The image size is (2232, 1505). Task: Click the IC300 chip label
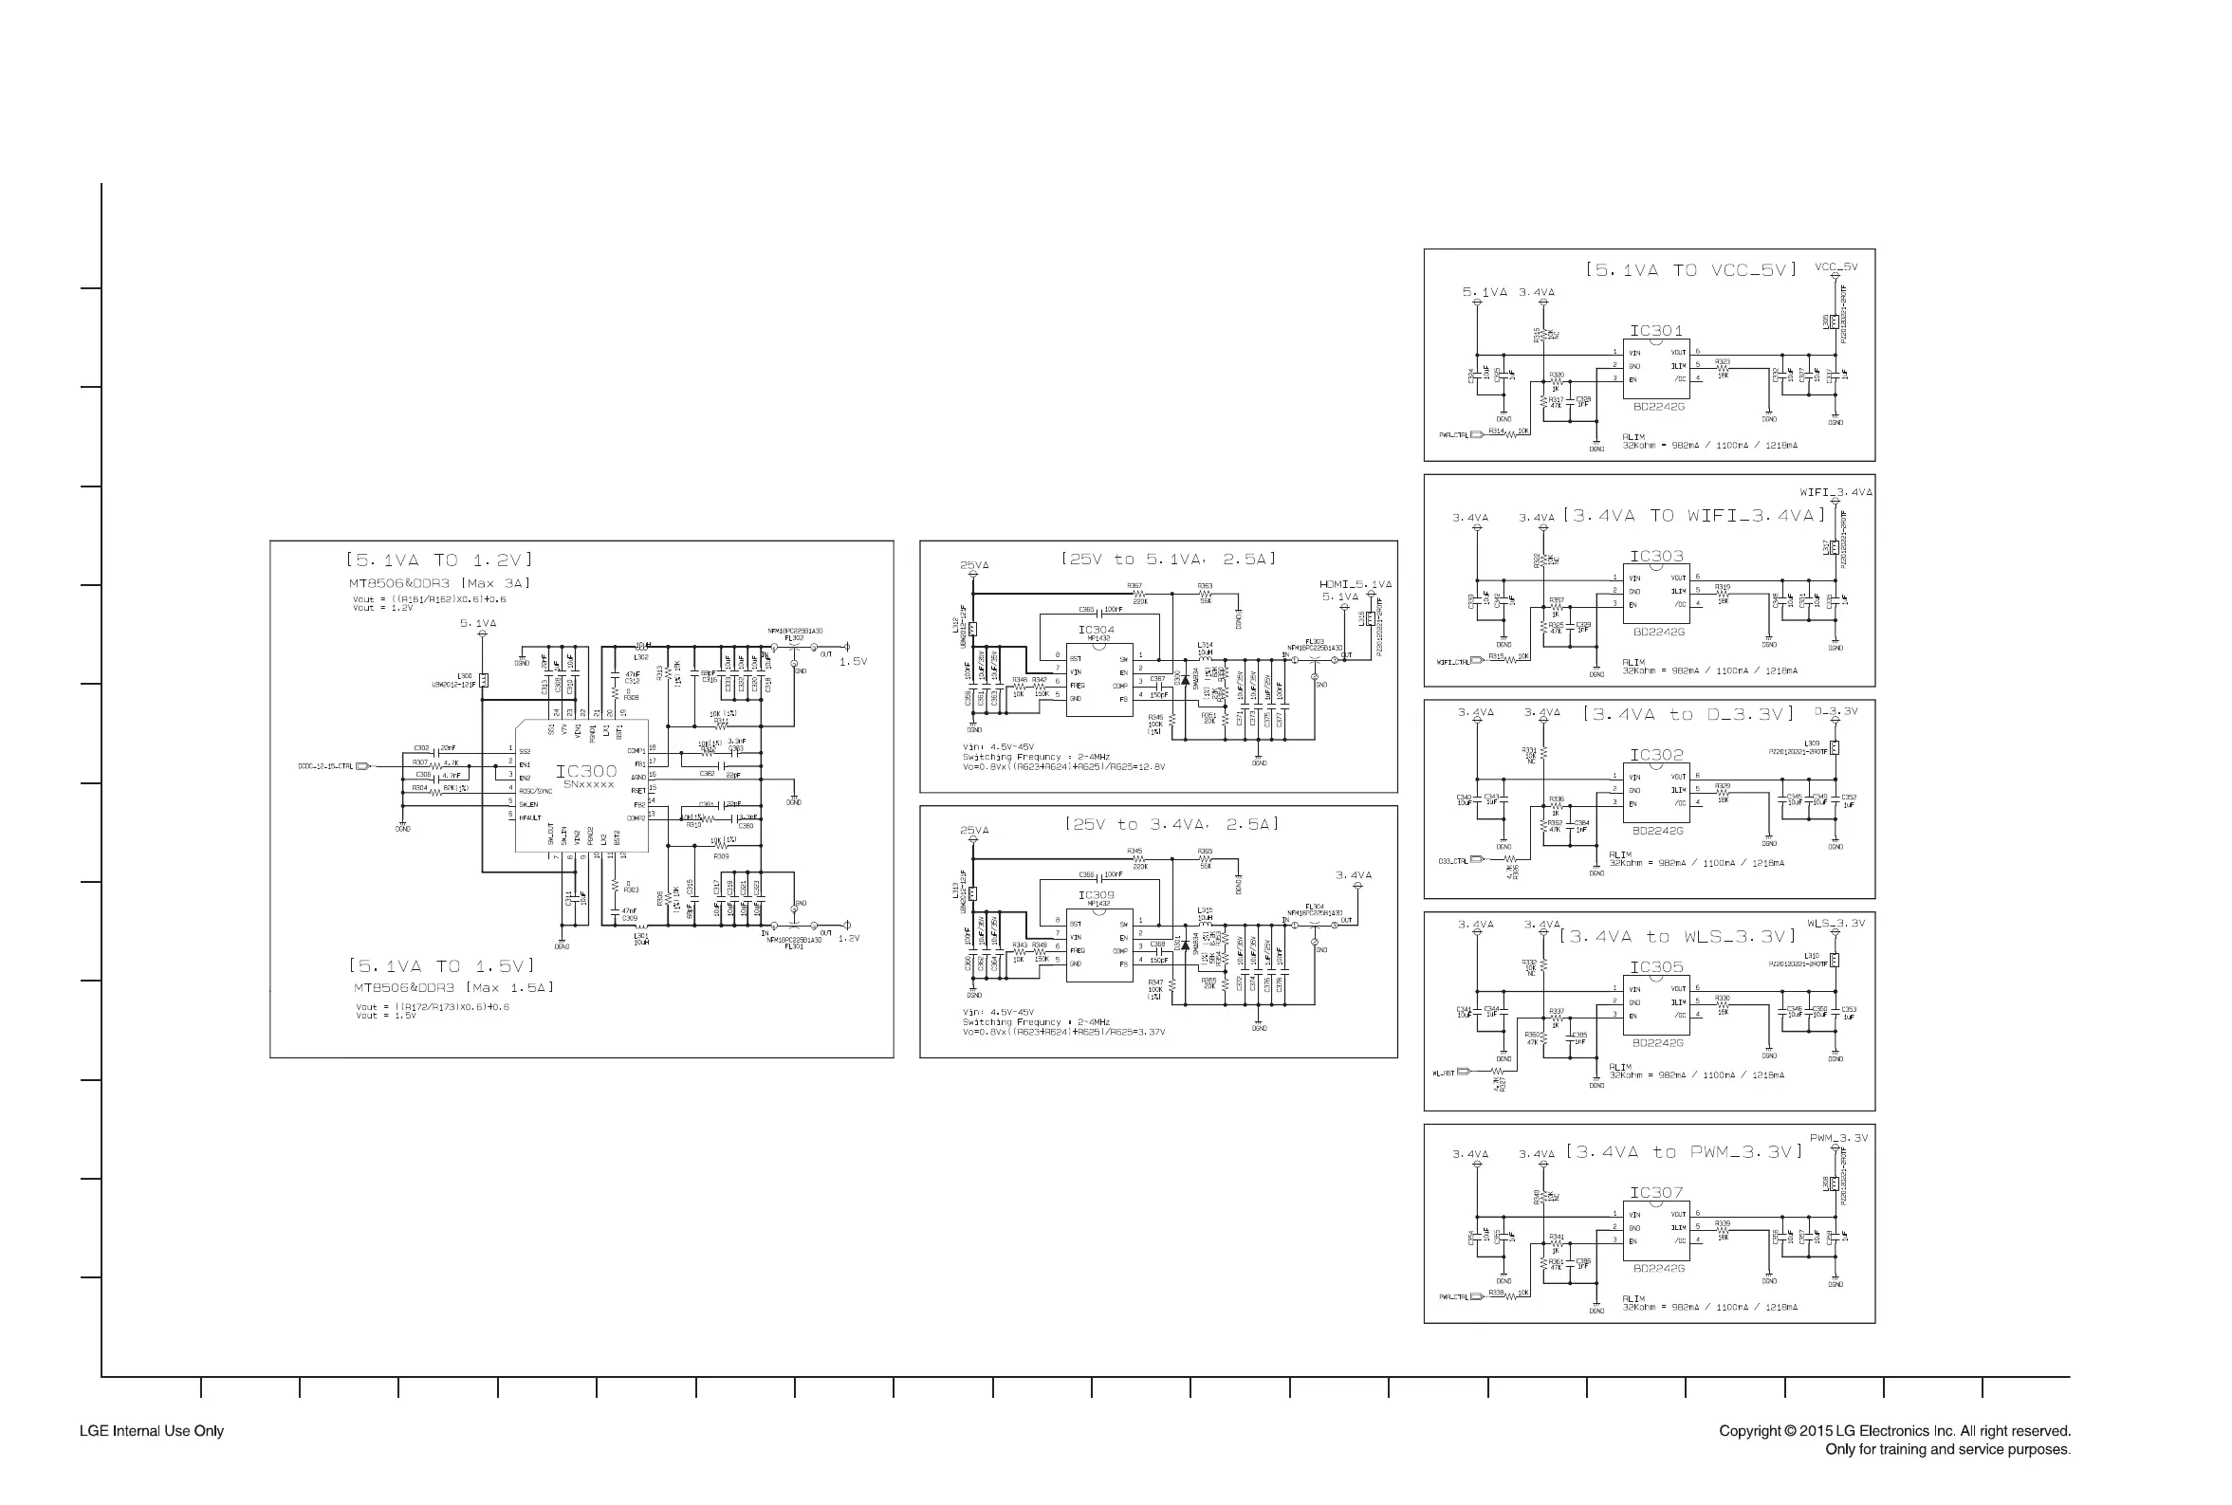pyautogui.click(x=585, y=771)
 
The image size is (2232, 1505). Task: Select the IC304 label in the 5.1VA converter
pyautogui.click(x=1096, y=630)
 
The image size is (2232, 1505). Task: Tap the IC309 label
pyautogui.click(x=1096, y=894)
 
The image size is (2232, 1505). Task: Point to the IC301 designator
pyautogui.click(x=1656, y=331)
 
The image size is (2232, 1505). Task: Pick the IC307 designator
pyautogui.click(x=1656, y=1192)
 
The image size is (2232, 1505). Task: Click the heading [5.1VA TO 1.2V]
pyautogui.click(x=439, y=560)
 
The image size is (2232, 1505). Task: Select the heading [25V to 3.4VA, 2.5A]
pyautogui.click(x=1171, y=824)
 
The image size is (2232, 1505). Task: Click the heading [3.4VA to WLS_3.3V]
pyautogui.click(x=1676, y=937)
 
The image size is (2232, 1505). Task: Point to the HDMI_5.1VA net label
pyautogui.click(x=1355, y=584)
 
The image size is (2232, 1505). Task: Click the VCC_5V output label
pyautogui.click(x=1835, y=266)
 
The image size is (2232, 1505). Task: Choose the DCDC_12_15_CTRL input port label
pyautogui.click(x=325, y=766)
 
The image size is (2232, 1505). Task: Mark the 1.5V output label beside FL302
pyautogui.click(x=853, y=661)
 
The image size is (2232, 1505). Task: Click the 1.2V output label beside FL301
pyautogui.click(x=849, y=939)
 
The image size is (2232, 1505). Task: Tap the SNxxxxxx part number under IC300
pyautogui.click(x=587, y=785)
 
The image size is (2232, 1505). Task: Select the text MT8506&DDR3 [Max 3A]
pyautogui.click(x=439, y=583)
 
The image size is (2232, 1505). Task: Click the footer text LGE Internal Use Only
pyautogui.click(x=152, y=1431)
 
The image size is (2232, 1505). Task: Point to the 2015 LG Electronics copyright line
pyautogui.click(x=1894, y=1431)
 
